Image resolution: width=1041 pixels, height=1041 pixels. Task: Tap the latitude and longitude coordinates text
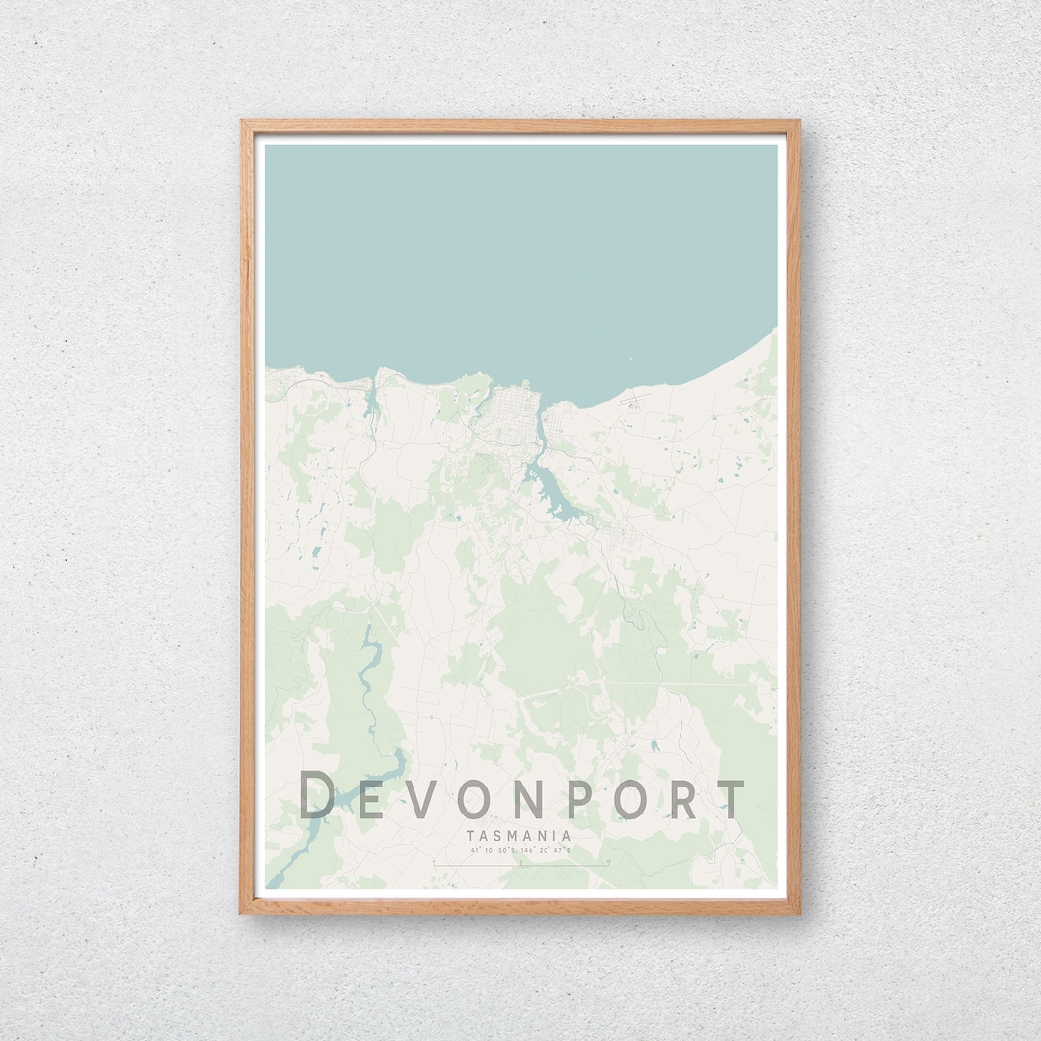pyautogui.click(x=520, y=851)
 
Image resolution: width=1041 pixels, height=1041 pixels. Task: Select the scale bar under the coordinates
pyautogui.click(x=520, y=865)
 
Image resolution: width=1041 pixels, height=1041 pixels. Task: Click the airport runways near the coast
pyautogui.click(x=633, y=397)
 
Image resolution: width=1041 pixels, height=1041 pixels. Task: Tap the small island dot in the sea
pyautogui.click(x=630, y=360)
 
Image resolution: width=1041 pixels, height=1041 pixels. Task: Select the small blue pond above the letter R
pyautogui.click(x=655, y=745)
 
